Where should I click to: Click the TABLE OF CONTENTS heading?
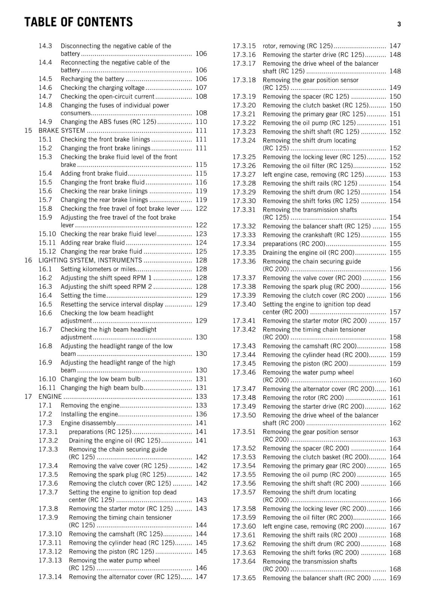click(x=78, y=22)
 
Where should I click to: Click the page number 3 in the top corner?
click(x=399, y=24)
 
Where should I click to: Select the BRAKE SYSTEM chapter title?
click(x=62, y=131)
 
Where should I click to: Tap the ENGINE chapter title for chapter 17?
click(x=50, y=397)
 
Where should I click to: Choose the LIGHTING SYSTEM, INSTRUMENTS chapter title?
click(x=90, y=260)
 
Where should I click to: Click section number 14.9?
click(x=45, y=122)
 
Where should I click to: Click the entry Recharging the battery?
click(x=92, y=79)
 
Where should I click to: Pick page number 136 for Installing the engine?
click(x=201, y=414)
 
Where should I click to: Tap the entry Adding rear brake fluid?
click(x=93, y=243)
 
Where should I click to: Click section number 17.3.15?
click(x=244, y=46)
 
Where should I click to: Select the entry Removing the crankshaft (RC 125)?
click(x=311, y=235)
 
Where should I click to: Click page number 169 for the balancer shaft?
click(x=395, y=578)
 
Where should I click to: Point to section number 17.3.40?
click(x=244, y=304)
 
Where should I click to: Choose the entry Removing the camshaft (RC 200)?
click(x=309, y=346)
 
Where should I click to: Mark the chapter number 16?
click(x=28, y=260)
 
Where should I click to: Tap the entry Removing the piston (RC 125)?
click(x=111, y=552)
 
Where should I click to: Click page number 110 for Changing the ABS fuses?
click(x=201, y=122)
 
